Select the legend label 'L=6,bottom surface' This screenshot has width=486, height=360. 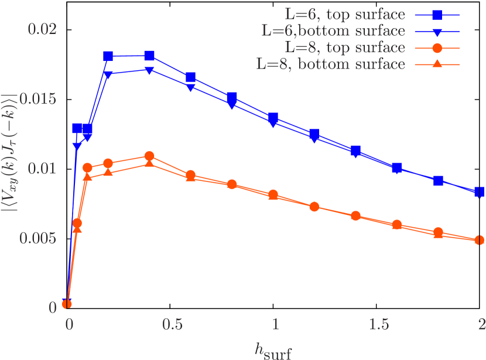pyautogui.click(x=333, y=30)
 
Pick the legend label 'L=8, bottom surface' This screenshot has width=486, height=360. pyautogui.click(x=331, y=64)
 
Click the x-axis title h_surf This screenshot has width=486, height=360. pyautogui.click(x=273, y=349)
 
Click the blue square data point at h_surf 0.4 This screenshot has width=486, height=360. pyautogui.click(x=149, y=56)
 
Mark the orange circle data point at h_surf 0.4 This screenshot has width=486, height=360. pyautogui.click(x=149, y=156)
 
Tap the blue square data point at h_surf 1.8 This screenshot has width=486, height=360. pyautogui.click(x=439, y=181)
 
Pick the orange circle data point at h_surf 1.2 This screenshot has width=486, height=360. pyautogui.click(x=314, y=207)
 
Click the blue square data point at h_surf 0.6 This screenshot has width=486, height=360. pyautogui.click(x=191, y=78)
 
